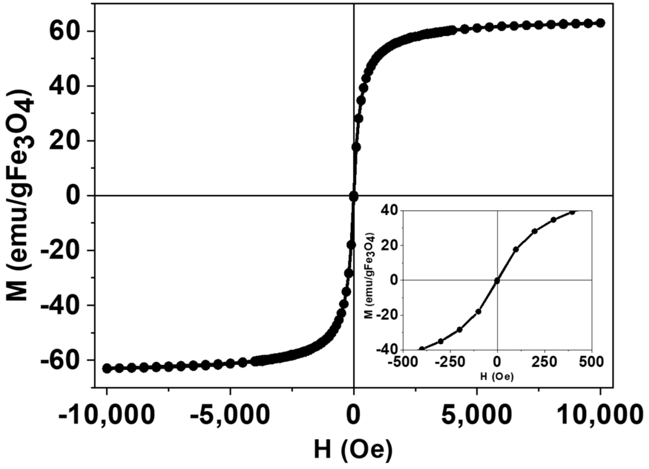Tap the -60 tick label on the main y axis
[62, 360]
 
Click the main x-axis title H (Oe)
[353, 450]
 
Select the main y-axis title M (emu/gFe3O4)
[21, 196]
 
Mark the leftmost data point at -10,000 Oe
[107, 368]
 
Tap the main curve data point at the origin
[353, 196]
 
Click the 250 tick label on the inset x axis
[545, 362]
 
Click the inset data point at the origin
[497, 281]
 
